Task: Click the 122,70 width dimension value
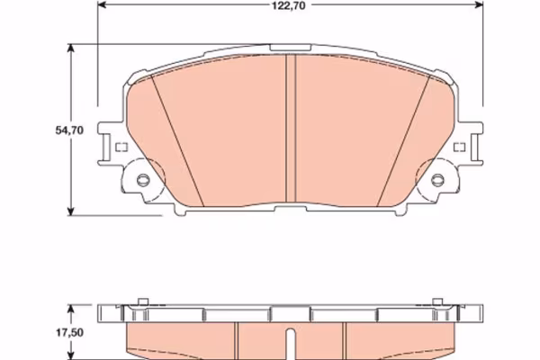(289, 5)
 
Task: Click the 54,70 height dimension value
(69, 130)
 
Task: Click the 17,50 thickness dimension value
(69, 332)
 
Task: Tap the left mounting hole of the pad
(143, 179)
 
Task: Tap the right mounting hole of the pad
(437, 179)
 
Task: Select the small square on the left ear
(121, 148)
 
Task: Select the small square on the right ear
(459, 148)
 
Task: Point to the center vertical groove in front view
(291, 128)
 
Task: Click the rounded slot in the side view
(291, 344)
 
